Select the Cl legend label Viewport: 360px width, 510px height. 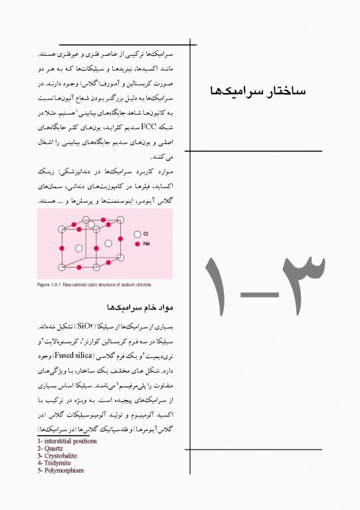click(145, 234)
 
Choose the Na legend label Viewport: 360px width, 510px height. click(146, 244)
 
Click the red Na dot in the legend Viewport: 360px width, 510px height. click(137, 244)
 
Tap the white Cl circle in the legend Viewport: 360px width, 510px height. click(137, 234)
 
